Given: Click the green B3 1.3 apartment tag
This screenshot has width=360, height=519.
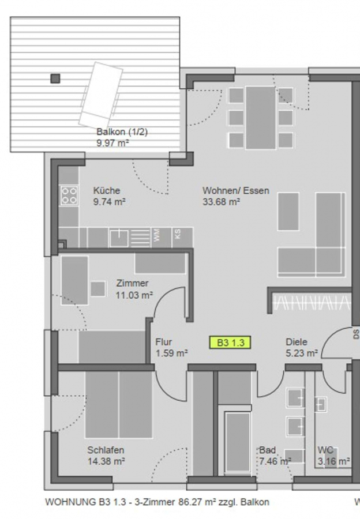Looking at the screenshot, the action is (230, 342).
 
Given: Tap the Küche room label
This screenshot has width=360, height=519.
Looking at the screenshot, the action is (106, 191).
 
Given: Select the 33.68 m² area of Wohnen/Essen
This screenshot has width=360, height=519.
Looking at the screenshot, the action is (221, 202).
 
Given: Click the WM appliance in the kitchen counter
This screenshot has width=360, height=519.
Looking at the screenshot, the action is (156, 237).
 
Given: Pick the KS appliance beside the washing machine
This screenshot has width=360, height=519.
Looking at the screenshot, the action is (178, 237).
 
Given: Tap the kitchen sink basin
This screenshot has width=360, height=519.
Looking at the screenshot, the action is (119, 238).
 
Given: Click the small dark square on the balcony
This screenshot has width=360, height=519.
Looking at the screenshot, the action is (55, 78).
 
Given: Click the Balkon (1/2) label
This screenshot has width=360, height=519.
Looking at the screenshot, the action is (122, 131).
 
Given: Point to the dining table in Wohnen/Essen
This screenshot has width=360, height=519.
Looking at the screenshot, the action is (260, 118).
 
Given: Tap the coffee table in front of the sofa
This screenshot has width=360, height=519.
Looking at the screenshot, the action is (288, 212).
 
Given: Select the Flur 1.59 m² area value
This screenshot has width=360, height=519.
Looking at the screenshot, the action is (171, 353).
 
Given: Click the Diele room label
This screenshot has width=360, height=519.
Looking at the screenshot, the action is (297, 342).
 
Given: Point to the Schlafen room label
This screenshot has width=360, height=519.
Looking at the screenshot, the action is (106, 450).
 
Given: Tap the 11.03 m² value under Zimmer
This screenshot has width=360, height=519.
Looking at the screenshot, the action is (134, 295).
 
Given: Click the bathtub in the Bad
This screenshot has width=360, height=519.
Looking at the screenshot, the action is (238, 442).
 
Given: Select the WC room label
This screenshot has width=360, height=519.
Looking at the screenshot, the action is (325, 450).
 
